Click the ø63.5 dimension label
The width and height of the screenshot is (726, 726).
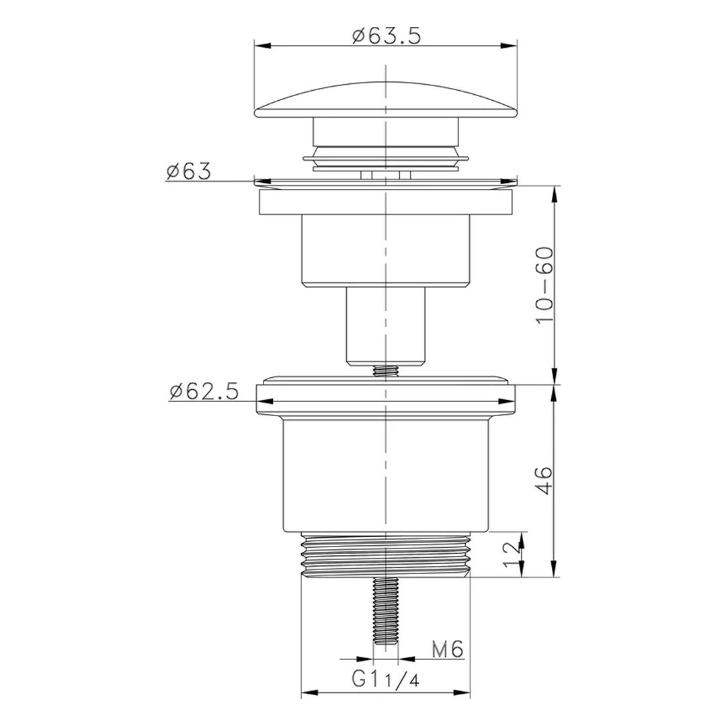pyautogui.click(x=386, y=36)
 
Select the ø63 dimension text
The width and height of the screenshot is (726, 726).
pyautogui.click(x=188, y=171)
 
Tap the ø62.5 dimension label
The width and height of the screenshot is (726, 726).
pyautogui.click(x=204, y=392)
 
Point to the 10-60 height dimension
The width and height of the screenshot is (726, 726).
pyautogui.click(x=544, y=285)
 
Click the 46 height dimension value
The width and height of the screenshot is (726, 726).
pyautogui.click(x=544, y=480)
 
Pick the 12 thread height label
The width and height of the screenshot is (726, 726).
pyautogui.click(x=511, y=554)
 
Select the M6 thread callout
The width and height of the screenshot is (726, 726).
pyautogui.click(x=448, y=649)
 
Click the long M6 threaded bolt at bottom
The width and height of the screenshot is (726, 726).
pyautogui.click(x=386, y=611)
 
